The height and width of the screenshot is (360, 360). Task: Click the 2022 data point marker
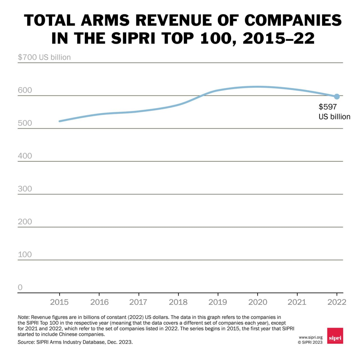(x=337, y=96)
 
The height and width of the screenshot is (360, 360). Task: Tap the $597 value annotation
(x=328, y=107)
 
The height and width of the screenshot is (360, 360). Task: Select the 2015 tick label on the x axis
(x=59, y=302)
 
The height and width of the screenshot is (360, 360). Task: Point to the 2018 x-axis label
(x=178, y=302)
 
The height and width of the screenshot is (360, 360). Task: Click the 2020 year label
(x=258, y=302)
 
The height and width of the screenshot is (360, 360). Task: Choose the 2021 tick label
(x=297, y=302)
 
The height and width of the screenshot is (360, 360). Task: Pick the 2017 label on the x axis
(x=138, y=302)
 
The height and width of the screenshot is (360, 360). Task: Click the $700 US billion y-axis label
(x=44, y=57)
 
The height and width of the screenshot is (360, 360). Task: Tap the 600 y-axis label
(x=25, y=90)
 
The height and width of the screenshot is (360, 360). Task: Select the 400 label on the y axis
(x=25, y=156)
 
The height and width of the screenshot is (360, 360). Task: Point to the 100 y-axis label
(x=25, y=255)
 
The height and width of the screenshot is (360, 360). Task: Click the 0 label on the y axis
(x=20, y=287)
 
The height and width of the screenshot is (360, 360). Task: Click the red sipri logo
(x=335, y=336)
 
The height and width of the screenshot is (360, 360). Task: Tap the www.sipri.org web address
(x=310, y=337)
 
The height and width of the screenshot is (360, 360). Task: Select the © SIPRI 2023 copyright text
(x=310, y=342)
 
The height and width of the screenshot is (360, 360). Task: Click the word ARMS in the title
(x=105, y=21)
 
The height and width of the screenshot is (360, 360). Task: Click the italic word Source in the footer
(x=26, y=342)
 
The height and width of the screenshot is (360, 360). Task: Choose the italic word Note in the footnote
(x=23, y=317)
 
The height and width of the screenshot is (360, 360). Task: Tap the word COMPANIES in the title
(x=293, y=21)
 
